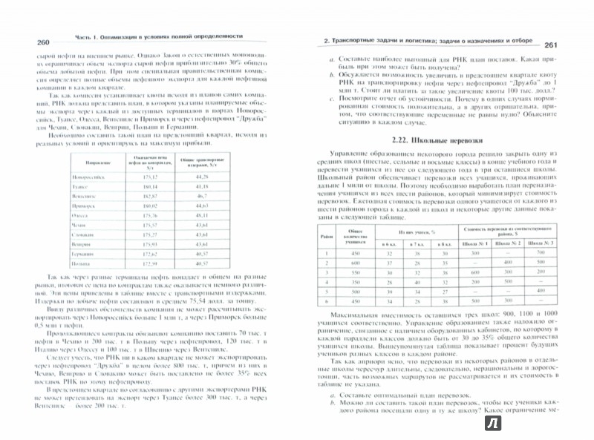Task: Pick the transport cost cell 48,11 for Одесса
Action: (200, 214)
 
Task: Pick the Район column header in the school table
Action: (324, 237)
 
